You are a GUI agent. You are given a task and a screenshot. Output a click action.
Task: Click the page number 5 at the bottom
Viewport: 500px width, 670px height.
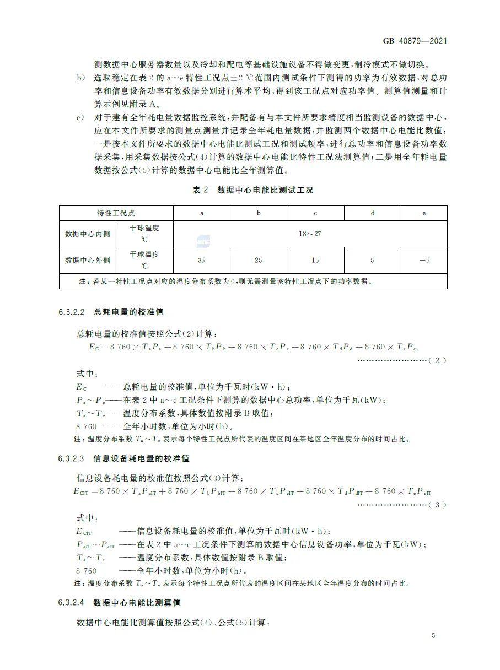(x=434, y=636)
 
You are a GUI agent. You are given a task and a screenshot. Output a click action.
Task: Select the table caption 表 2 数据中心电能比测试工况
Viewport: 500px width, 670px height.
(x=252, y=190)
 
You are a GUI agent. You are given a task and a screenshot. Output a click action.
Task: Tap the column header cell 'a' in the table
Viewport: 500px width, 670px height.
(x=201, y=213)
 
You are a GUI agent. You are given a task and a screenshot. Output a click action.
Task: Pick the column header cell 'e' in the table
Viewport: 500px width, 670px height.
(x=423, y=213)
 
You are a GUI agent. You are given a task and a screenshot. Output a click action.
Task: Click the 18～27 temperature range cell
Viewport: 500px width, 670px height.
(x=310, y=234)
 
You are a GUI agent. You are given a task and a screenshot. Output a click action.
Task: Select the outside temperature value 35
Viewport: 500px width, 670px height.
(x=201, y=260)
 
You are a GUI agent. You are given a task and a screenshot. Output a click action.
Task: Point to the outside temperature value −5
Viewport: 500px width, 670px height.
(x=423, y=260)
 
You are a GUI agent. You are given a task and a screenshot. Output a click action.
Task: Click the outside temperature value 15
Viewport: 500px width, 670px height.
(x=315, y=260)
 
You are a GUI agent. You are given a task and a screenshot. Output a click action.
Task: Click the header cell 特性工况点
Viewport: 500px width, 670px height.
(x=116, y=213)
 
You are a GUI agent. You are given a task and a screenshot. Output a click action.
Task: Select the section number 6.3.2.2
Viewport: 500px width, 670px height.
(x=71, y=312)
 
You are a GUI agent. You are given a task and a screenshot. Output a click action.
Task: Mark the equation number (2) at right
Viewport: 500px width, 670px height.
(x=437, y=360)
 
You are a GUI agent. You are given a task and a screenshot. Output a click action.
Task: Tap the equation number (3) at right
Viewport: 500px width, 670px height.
(x=437, y=505)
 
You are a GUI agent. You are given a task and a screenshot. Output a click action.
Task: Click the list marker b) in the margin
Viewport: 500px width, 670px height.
(x=80, y=78)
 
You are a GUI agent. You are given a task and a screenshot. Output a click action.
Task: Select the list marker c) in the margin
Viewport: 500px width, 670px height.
(x=80, y=118)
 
